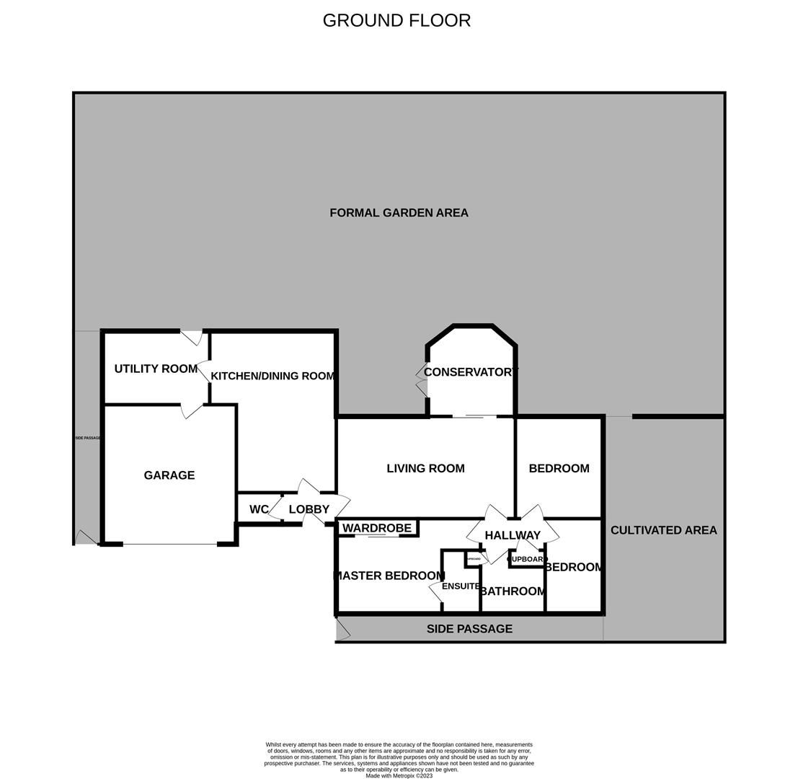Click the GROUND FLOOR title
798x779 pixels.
coord(396,20)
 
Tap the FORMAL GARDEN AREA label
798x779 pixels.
coord(399,213)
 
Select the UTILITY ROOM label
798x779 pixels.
coord(156,369)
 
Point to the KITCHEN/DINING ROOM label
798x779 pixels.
coord(272,376)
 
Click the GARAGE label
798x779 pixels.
coord(169,475)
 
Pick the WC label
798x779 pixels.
coord(259,509)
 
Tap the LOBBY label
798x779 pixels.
coord(309,509)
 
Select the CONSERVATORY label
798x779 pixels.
coord(470,372)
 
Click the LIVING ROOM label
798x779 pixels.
coord(425,468)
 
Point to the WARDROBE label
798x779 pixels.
coord(376,528)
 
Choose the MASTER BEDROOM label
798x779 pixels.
coord(389,576)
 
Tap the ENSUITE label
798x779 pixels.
coord(461,586)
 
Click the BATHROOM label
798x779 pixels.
coord(513,591)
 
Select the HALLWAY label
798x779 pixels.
coord(513,535)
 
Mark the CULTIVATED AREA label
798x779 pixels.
coord(663,530)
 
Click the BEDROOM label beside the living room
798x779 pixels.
coord(559,468)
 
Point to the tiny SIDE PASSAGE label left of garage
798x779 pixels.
coord(88,438)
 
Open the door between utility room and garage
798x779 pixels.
coord(192,410)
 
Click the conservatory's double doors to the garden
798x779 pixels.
coord(422,380)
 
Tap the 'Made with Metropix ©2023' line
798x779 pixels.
coord(399,776)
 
